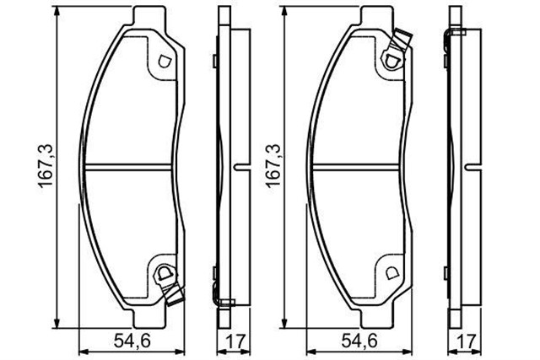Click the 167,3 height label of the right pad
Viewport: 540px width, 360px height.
point(272,167)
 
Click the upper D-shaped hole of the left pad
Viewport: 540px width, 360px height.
point(165,61)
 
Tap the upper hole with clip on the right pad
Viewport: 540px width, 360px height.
point(391,59)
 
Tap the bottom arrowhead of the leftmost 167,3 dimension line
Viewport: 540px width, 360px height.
point(58,320)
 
